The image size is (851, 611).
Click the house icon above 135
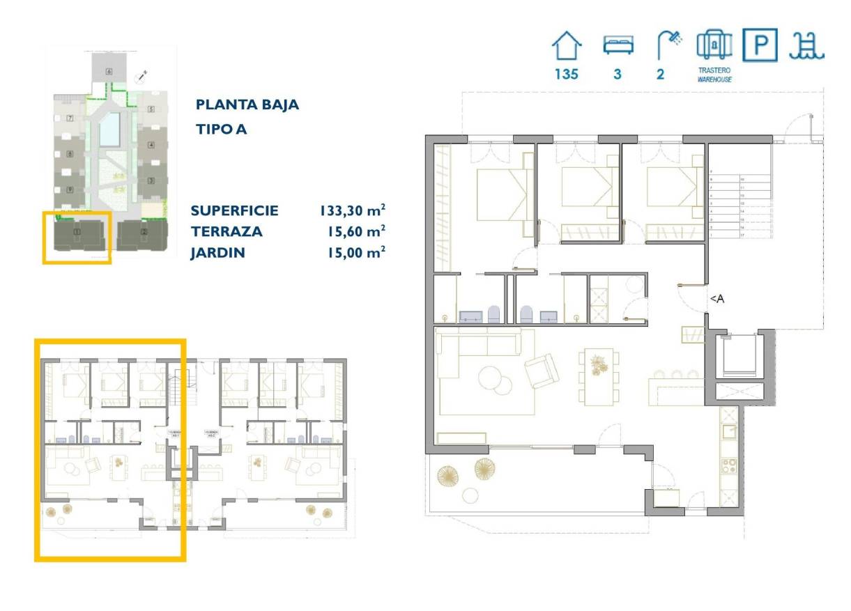[x=566, y=47]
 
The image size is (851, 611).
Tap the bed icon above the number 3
[x=618, y=46]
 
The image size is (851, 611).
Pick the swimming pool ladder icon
[x=806, y=46]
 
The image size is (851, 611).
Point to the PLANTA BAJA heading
[x=247, y=105]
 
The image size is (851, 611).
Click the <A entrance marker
[x=716, y=299]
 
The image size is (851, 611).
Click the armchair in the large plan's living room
[x=542, y=370]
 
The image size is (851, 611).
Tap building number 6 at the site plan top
[x=109, y=71]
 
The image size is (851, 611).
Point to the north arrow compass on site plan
[x=144, y=75]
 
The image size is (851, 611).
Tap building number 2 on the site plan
[x=144, y=231]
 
